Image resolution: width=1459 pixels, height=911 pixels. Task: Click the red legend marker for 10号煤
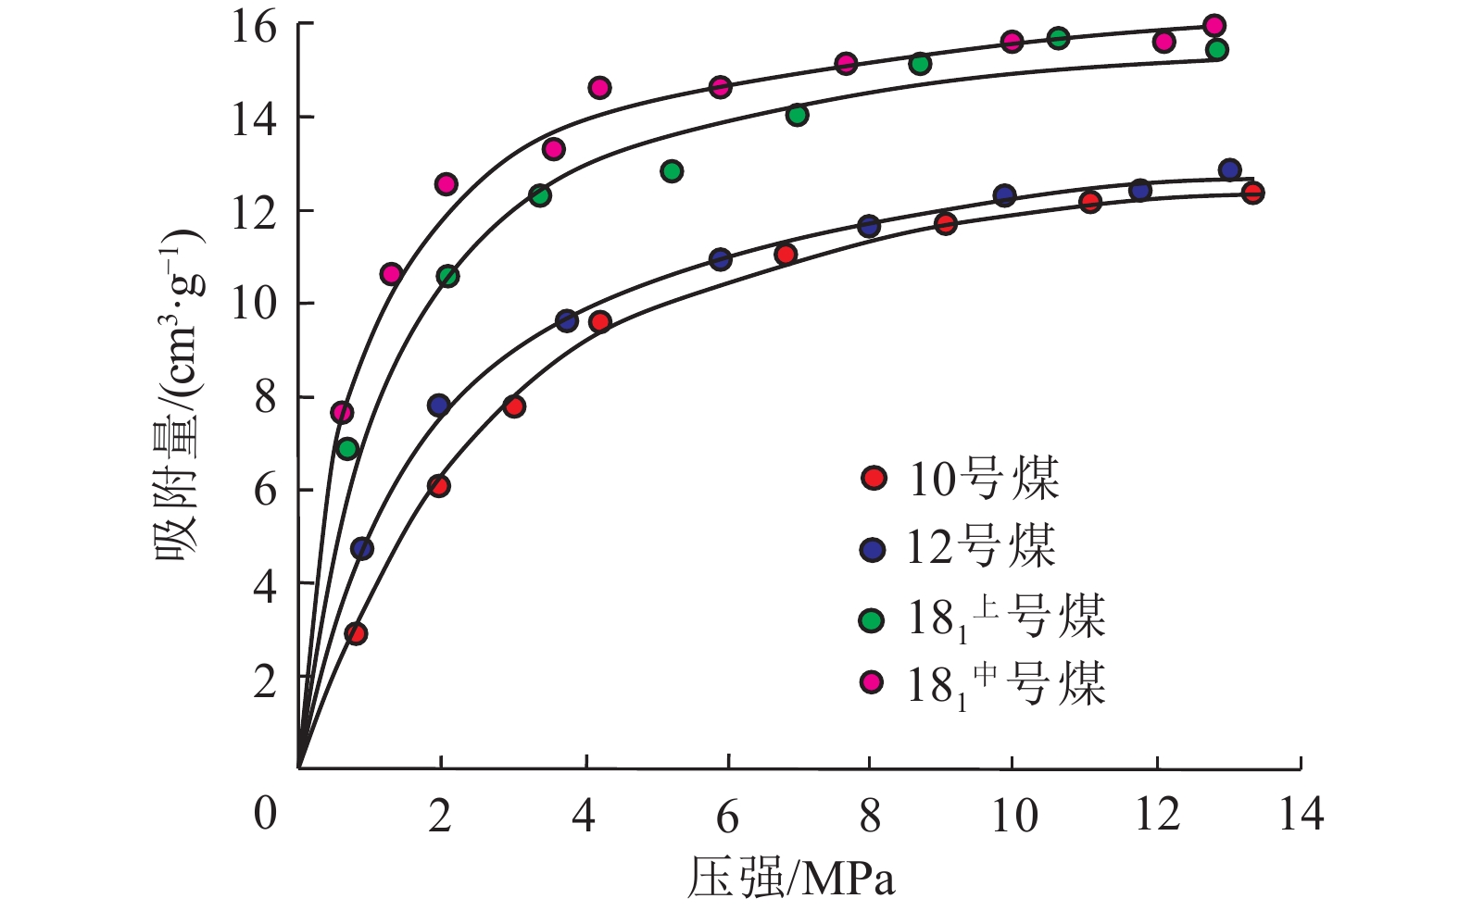pos(874,478)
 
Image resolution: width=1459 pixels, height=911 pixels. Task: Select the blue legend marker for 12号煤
pos(873,549)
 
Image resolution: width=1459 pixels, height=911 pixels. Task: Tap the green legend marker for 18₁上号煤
pos(873,618)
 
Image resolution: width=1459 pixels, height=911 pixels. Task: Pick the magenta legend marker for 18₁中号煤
pos(873,683)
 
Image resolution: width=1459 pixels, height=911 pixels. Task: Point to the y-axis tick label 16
pos(253,27)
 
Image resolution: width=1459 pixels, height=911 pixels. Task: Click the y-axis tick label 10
pos(253,305)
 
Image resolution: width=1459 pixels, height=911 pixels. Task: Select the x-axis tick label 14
pos(1301,816)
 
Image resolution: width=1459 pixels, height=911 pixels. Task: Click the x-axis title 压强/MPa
pos(791,878)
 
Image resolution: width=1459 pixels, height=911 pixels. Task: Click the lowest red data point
pos(356,633)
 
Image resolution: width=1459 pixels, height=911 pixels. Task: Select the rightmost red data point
pos(1252,193)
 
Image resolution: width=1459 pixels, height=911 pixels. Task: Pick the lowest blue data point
pos(362,548)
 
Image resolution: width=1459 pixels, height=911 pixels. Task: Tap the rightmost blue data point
pos(1229,169)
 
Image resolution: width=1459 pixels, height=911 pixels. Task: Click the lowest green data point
pos(347,449)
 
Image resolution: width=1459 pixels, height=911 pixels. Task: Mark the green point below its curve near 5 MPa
pos(672,171)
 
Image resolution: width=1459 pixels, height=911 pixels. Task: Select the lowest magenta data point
pos(342,412)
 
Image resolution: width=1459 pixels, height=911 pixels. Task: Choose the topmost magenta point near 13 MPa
pos(1214,25)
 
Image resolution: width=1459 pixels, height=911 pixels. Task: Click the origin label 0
pos(266,814)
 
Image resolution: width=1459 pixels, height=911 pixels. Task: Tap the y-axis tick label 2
pos(264,681)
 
